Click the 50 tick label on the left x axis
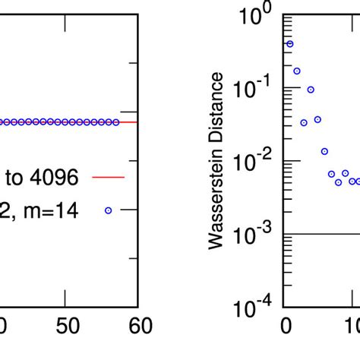(67, 325)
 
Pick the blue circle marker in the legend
(107, 210)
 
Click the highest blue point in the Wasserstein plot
(289, 44)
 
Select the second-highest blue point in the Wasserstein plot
(296, 71)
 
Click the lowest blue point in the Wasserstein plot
(338, 182)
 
